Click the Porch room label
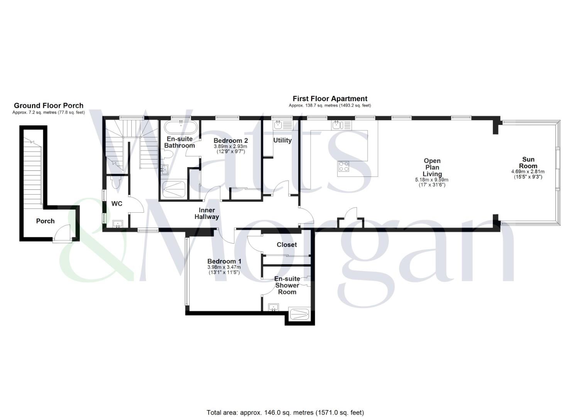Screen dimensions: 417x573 click(x=45, y=221)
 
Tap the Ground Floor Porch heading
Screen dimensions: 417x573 click(x=49, y=105)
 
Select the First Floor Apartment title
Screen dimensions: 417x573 click(x=330, y=99)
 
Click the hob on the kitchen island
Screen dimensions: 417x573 click(x=344, y=166)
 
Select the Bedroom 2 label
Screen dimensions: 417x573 click(x=230, y=141)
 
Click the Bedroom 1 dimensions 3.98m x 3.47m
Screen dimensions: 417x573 click(x=224, y=267)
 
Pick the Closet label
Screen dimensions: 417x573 click(x=287, y=245)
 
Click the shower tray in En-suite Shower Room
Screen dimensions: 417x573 click(x=299, y=313)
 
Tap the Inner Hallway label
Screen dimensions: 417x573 click(x=206, y=214)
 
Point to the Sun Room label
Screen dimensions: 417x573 click(x=528, y=163)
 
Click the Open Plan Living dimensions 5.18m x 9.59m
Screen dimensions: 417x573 click(x=432, y=180)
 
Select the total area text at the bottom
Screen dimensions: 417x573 click(x=285, y=413)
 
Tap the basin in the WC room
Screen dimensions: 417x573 click(x=117, y=224)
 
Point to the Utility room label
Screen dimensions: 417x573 click(x=282, y=140)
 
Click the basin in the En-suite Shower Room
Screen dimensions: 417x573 click(x=274, y=307)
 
